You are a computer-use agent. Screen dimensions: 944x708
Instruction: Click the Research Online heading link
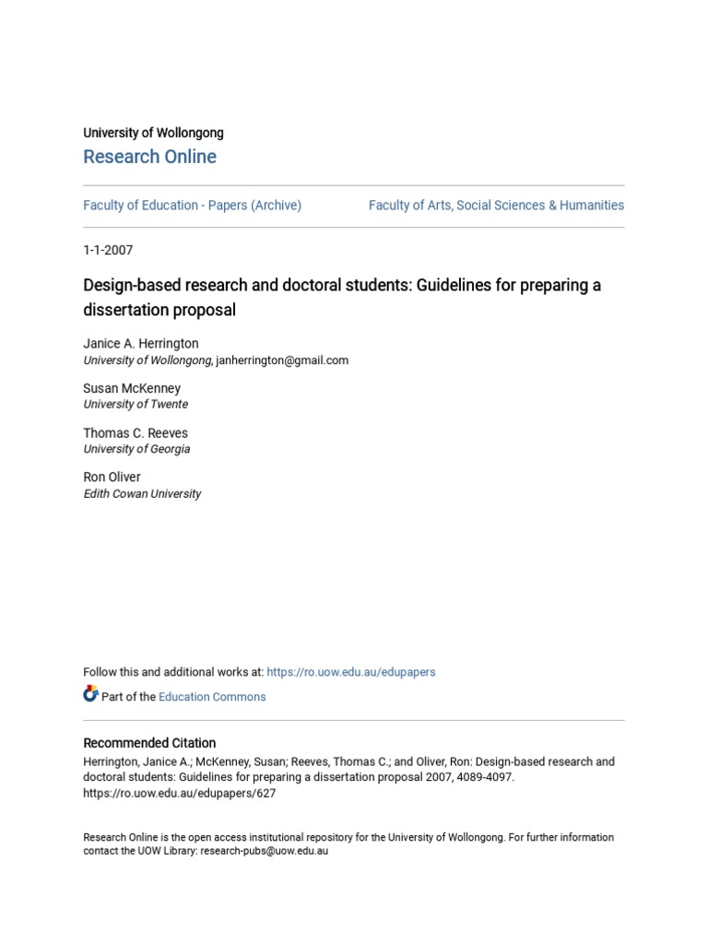[149, 157]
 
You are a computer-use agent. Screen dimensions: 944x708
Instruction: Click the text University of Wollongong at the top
[153, 133]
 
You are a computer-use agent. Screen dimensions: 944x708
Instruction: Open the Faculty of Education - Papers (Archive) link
[192, 206]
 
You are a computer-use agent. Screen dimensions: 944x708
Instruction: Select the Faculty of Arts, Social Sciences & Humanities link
[496, 206]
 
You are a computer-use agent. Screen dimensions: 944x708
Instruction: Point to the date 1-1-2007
[108, 250]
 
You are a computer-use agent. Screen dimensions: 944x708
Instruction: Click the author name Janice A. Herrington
[140, 344]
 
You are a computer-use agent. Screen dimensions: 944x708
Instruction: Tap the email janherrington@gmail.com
[282, 360]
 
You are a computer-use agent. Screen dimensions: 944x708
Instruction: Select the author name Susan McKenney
[132, 388]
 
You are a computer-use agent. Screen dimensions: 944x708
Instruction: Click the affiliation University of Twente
[136, 405]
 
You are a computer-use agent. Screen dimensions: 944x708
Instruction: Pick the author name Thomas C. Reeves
[136, 433]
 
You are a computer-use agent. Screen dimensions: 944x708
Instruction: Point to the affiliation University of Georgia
[136, 449]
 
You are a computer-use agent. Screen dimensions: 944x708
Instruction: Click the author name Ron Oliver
[112, 478]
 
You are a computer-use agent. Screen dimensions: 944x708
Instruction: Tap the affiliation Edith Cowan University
[142, 494]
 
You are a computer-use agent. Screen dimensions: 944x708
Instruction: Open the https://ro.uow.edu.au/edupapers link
[351, 672]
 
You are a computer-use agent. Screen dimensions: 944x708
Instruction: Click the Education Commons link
[212, 697]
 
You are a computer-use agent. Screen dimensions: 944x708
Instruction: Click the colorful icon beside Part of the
[90, 694]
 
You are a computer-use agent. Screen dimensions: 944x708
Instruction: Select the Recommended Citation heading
[149, 743]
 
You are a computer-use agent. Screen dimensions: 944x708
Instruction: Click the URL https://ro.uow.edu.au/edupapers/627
[179, 793]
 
